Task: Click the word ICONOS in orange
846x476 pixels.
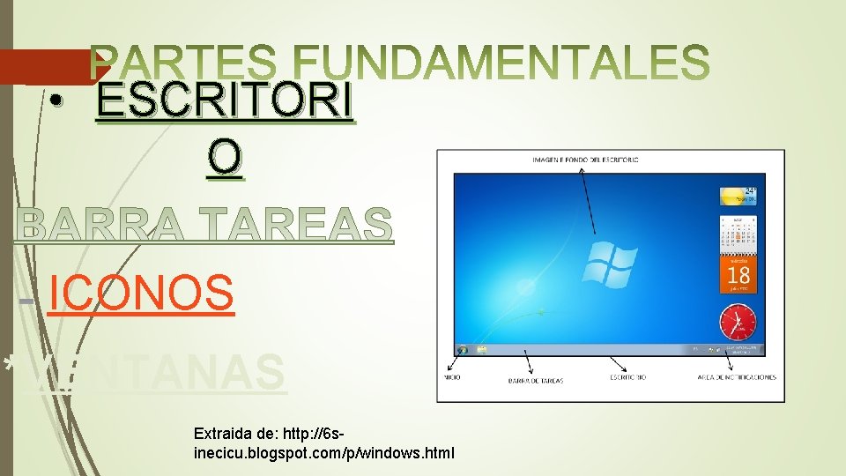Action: pos(141,294)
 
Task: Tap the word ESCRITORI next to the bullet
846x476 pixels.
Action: pos(225,105)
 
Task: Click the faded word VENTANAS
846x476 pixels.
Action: pos(154,373)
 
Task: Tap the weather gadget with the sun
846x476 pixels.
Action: pos(738,196)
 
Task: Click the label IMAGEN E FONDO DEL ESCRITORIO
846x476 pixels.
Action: pos(586,160)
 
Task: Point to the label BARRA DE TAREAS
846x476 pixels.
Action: pos(535,380)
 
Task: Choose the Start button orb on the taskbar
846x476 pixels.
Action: pos(463,350)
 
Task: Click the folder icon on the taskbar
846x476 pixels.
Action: pos(482,350)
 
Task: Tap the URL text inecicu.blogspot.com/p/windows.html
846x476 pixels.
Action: pos(323,453)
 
